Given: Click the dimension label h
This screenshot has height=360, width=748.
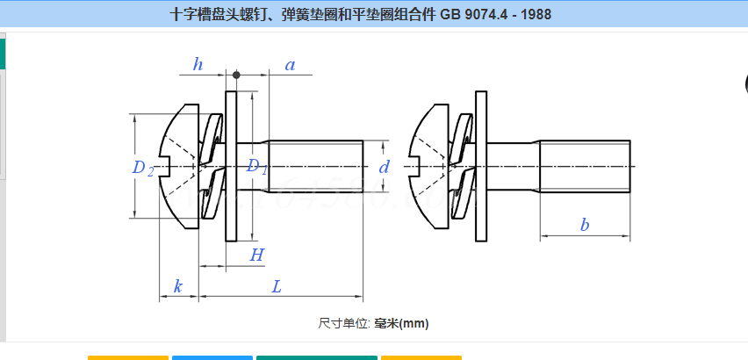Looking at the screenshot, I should click(x=198, y=64).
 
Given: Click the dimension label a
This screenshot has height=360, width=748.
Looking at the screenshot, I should click(x=290, y=64).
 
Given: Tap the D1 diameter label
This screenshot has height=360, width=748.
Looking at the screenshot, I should click(x=255, y=166).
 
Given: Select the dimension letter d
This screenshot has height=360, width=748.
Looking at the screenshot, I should click(x=384, y=167).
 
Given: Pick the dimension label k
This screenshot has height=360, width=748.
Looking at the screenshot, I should click(x=178, y=286).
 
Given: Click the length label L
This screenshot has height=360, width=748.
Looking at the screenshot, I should click(x=277, y=286).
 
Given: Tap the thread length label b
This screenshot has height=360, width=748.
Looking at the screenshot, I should click(x=585, y=225).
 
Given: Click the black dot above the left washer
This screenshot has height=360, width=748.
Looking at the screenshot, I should click(x=236, y=75).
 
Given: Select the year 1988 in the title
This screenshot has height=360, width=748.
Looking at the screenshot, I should click(x=535, y=15).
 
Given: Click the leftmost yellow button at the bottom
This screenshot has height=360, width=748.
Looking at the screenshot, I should click(x=127, y=357).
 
